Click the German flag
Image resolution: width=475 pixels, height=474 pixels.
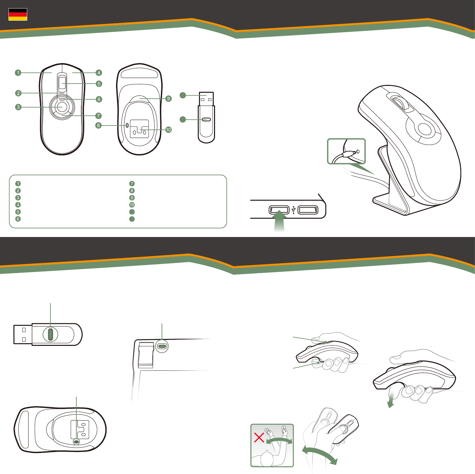point(18,14)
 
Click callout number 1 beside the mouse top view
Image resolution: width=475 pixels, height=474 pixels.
point(18,73)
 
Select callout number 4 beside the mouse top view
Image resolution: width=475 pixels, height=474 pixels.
point(99,73)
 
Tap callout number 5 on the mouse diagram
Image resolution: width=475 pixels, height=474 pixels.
point(99,84)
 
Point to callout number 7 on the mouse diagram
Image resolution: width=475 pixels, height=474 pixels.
point(98,116)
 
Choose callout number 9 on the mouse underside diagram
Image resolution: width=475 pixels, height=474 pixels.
point(168,99)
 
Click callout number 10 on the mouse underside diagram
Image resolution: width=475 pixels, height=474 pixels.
point(168,130)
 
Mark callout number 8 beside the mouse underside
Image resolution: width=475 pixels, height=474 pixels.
point(98,125)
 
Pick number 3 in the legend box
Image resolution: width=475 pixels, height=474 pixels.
point(18,198)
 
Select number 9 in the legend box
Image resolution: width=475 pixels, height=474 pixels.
point(132,198)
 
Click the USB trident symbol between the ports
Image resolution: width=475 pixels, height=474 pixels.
point(293,209)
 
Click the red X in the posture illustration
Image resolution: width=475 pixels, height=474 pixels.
point(259,437)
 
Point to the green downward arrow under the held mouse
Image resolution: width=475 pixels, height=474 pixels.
point(390,400)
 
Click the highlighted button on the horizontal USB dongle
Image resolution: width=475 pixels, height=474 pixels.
point(50,334)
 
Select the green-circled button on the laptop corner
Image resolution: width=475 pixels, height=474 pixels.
point(162,346)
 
